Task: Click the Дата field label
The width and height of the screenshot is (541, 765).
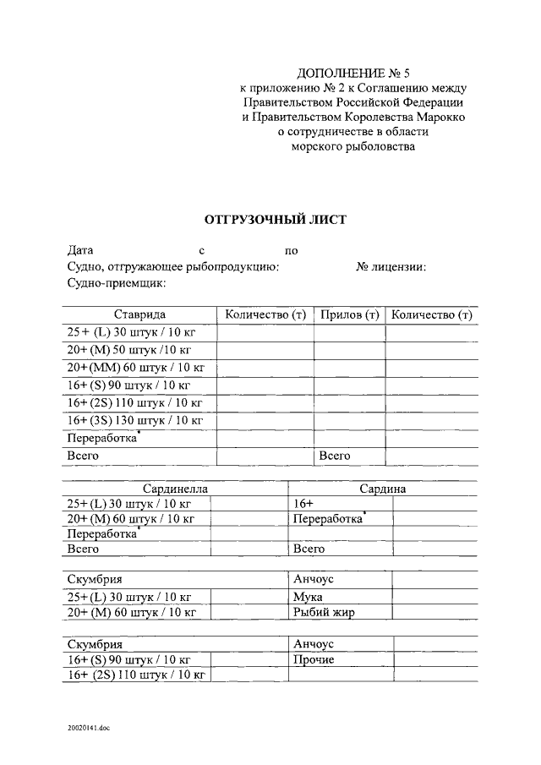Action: (x=80, y=250)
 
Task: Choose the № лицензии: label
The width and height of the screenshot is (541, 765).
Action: (x=391, y=267)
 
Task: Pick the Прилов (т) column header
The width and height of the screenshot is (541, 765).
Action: (x=349, y=315)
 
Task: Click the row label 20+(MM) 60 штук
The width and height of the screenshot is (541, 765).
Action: (x=135, y=367)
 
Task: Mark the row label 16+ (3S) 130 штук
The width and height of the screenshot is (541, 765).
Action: (x=135, y=420)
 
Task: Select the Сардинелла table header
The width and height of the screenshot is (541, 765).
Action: (x=175, y=489)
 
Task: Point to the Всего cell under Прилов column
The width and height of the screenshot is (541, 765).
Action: (x=334, y=456)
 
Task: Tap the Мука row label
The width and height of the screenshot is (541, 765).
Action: (x=307, y=596)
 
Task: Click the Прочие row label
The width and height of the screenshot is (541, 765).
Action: (x=313, y=659)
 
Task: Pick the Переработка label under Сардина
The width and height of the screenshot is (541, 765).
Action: (x=328, y=519)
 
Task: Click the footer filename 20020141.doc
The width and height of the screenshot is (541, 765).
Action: (x=90, y=727)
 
